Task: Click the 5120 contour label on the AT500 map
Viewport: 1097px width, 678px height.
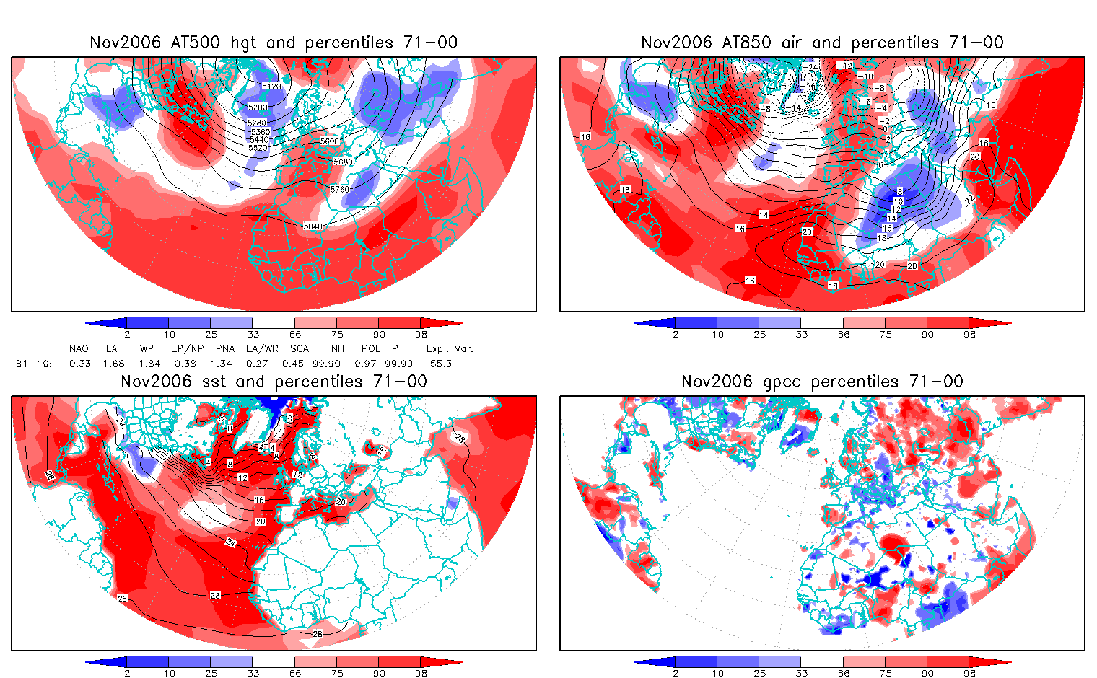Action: [271, 87]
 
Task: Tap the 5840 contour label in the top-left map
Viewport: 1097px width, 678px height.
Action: [313, 226]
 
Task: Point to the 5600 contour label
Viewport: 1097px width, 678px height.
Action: [329, 141]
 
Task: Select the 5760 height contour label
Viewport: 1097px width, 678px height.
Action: [339, 190]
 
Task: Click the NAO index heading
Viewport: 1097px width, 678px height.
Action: [79, 348]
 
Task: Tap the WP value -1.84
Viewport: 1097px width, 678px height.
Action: [147, 364]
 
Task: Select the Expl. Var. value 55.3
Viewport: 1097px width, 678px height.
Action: [440, 364]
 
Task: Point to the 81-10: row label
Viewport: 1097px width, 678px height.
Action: [33, 364]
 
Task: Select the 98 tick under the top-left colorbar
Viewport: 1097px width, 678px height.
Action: [421, 334]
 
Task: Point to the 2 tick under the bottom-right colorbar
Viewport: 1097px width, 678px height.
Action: [676, 673]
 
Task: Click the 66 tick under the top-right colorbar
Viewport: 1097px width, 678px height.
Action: [844, 334]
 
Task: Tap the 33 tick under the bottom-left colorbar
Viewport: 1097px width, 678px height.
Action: [253, 673]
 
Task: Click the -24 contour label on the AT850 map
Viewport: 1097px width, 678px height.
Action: [812, 68]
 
